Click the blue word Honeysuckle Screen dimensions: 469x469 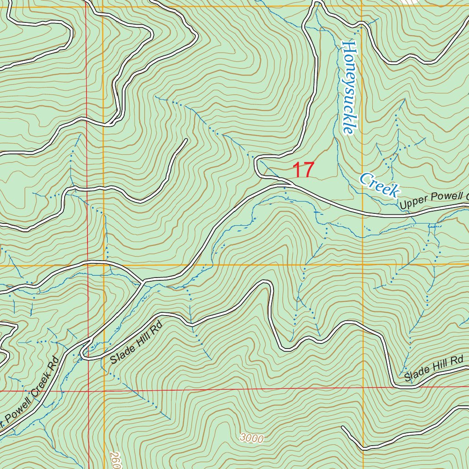pyautogui.click(x=349, y=87)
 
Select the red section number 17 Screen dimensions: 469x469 pyautogui.click(x=303, y=170)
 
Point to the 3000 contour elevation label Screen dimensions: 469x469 pyautogui.click(x=251, y=438)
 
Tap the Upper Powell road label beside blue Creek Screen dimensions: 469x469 pyautogui.click(x=433, y=201)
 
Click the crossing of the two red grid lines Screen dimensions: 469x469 pyautogui.click(x=88, y=392)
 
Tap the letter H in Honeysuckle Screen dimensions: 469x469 pyautogui.click(x=349, y=47)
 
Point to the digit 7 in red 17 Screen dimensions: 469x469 pyautogui.click(x=308, y=170)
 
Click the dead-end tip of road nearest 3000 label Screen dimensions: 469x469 pyautogui.click(x=343, y=428)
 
